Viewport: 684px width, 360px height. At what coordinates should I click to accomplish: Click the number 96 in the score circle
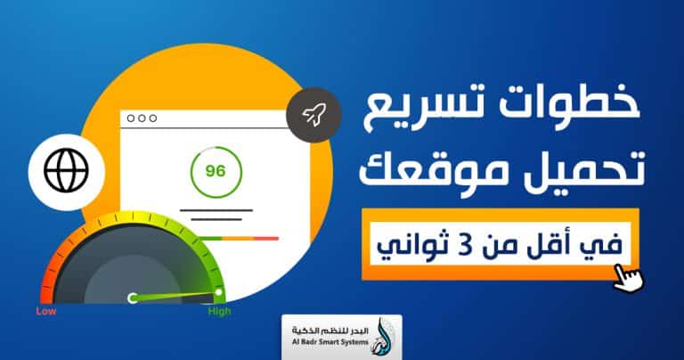tap(215, 170)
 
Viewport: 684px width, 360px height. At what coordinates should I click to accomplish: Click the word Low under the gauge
tap(46, 312)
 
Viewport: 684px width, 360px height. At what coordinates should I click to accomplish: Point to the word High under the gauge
tap(219, 312)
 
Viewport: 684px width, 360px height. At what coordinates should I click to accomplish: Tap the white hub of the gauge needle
tap(133, 299)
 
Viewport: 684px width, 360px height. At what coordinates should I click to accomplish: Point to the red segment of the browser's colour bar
tap(265, 238)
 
